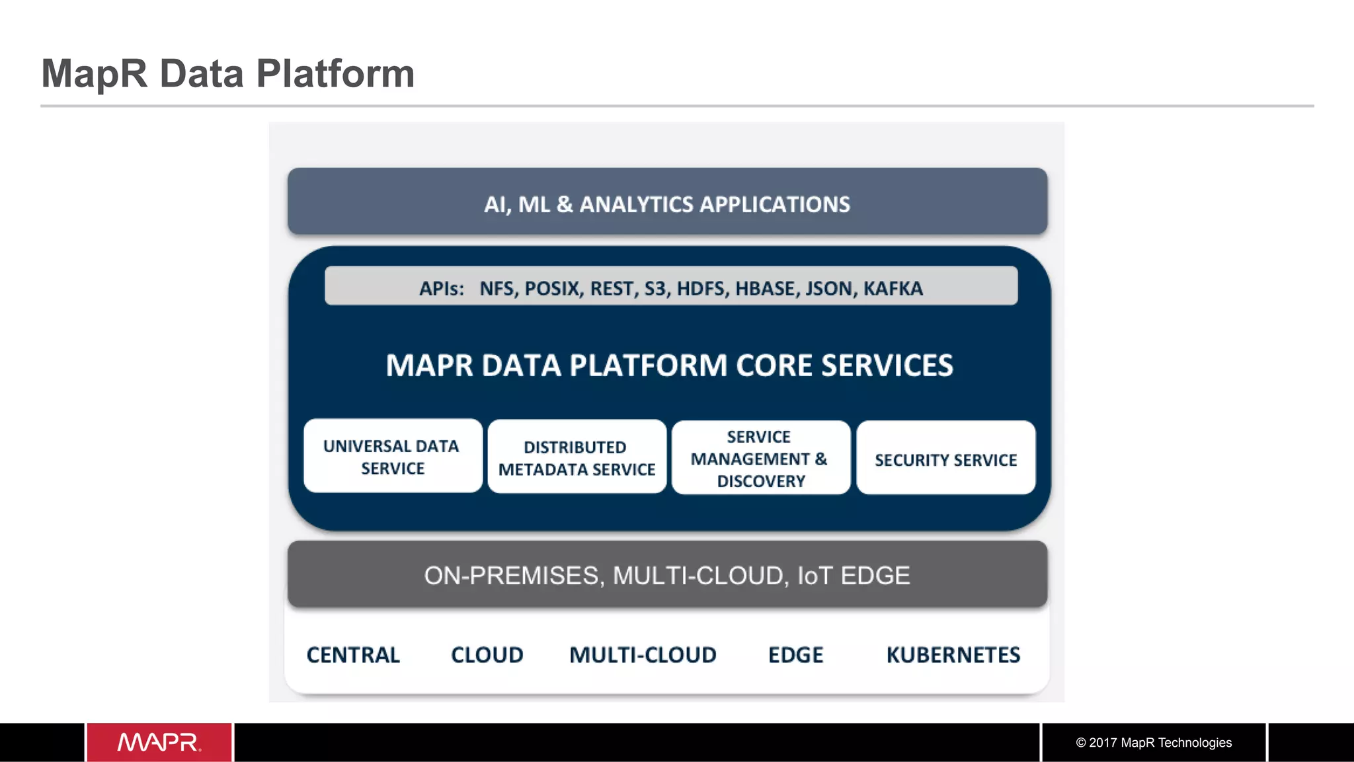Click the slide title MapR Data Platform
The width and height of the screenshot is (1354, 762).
228,73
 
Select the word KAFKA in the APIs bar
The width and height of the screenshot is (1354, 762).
893,288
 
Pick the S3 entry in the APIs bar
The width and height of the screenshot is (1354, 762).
656,288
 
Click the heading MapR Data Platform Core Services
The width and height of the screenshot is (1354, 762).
669,365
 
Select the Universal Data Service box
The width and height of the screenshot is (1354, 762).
393,457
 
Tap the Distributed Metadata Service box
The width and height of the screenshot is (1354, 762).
577,457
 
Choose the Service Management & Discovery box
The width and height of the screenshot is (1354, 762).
760,458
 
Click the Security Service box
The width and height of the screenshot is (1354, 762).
945,459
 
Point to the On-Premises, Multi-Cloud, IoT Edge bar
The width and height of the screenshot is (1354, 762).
667,575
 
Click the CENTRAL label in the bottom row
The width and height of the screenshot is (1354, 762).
353,655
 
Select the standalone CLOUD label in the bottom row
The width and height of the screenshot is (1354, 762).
487,655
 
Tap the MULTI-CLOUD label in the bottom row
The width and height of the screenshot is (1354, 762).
643,655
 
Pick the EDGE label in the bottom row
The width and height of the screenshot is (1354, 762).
795,655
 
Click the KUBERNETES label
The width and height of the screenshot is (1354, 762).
953,655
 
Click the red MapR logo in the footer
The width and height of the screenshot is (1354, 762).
159,742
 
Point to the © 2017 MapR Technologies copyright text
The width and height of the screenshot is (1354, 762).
1154,742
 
